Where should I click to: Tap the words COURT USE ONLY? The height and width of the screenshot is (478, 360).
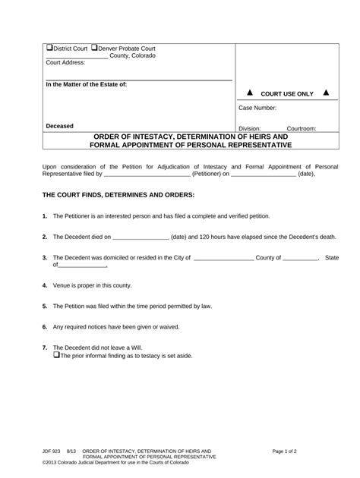point(286,93)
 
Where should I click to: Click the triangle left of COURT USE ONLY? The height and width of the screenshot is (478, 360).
point(248,93)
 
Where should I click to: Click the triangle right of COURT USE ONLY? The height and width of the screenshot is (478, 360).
point(326,93)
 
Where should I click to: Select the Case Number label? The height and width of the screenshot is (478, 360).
point(257,109)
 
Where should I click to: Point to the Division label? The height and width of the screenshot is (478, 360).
point(250,129)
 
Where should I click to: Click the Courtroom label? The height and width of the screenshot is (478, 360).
point(301,129)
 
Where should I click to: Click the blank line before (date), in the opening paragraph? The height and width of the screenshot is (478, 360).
point(263,174)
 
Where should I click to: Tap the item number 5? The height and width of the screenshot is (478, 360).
point(45,306)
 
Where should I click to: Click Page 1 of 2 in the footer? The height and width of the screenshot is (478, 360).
point(288,451)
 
